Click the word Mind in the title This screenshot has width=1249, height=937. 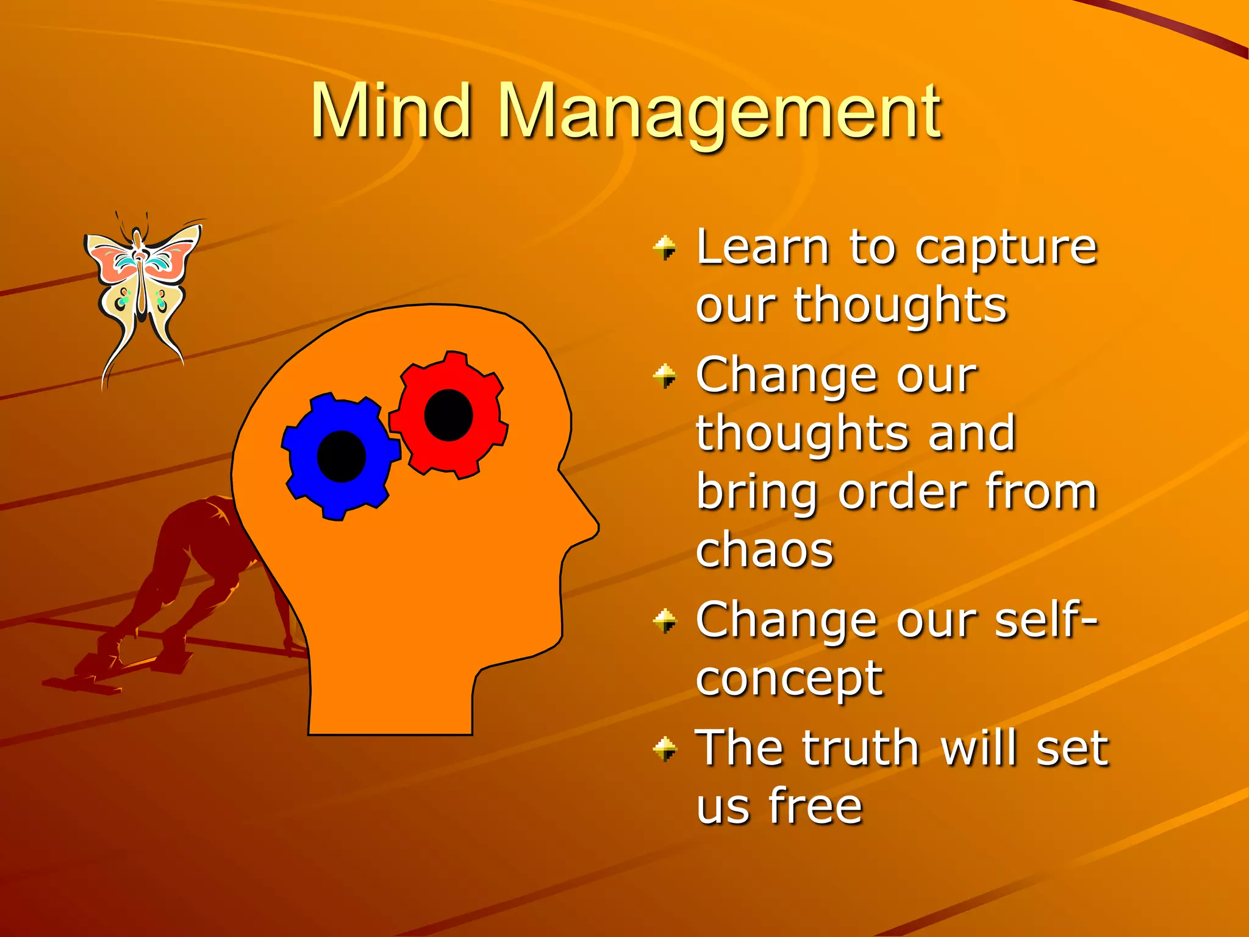click(391, 111)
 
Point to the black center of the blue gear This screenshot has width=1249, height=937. click(342, 456)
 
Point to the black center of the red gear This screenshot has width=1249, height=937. click(449, 415)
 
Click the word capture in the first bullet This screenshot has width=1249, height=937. click(1006, 249)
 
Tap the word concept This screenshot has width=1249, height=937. click(789, 680)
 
